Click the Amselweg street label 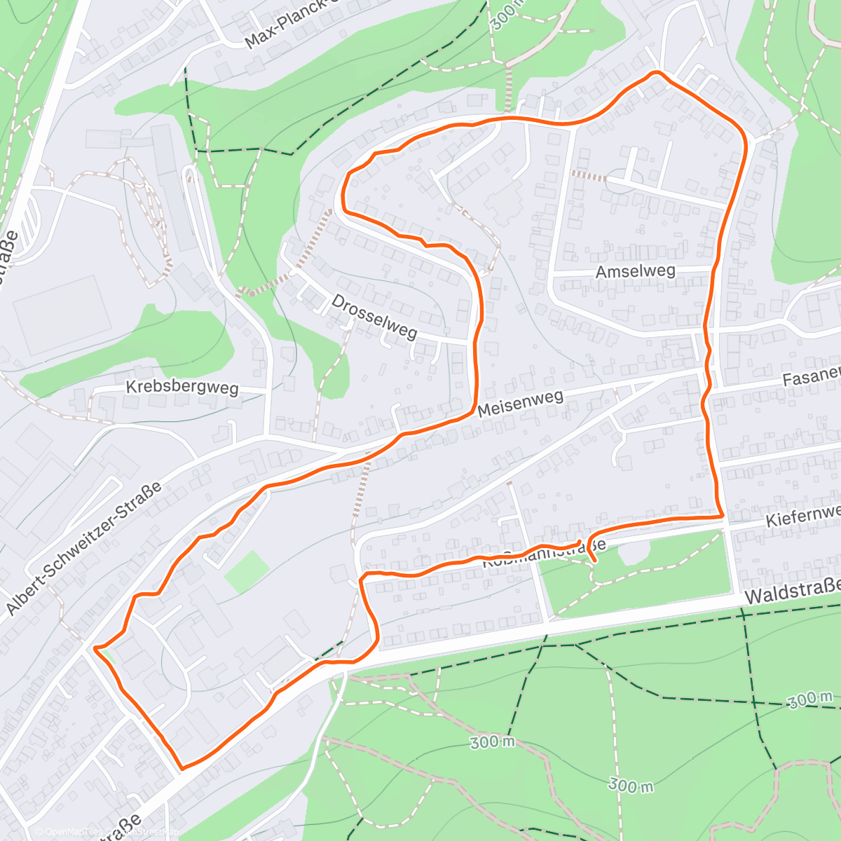coord(635,271)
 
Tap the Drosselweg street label coord(374,317)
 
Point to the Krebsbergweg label coord(182,387)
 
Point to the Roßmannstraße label coord(543,552)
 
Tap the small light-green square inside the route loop coord(247,571)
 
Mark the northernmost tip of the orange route coord(656,72)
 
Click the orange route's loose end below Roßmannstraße coord(594,561)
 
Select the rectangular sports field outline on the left coord(62,315)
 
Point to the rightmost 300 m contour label coord(809,698)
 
